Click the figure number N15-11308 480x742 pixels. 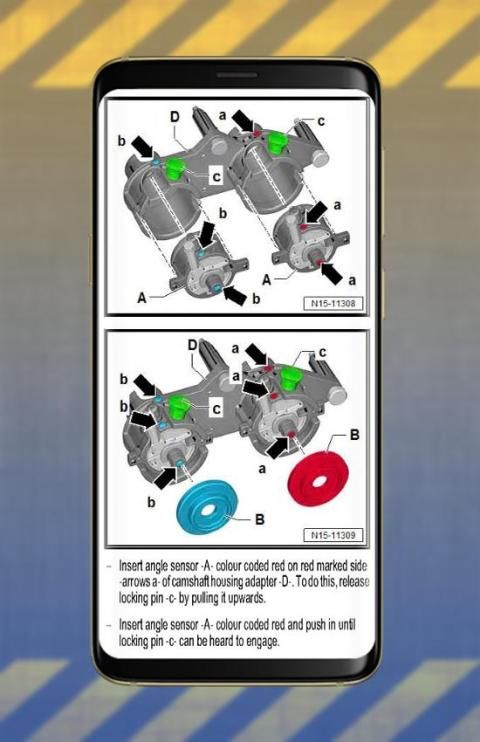(334, 303)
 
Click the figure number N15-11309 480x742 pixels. (334, 535)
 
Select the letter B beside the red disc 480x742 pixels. (354, 434)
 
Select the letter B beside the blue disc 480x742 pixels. (259, 519)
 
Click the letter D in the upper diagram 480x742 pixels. (175, 116)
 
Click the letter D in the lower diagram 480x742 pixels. (192, 345)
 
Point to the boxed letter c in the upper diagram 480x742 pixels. (216, 177)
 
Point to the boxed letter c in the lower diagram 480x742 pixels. (216, 408)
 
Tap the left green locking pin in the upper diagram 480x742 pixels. (176, 168)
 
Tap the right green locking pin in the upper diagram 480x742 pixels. (274, 142)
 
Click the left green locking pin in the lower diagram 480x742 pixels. (178, 407)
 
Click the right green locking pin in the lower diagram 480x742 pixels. (289, 380)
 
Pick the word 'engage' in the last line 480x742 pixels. (262, 642)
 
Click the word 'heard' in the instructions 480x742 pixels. (226, 641)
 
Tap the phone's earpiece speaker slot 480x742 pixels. (237, 75)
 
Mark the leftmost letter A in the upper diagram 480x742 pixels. (142, 298)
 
